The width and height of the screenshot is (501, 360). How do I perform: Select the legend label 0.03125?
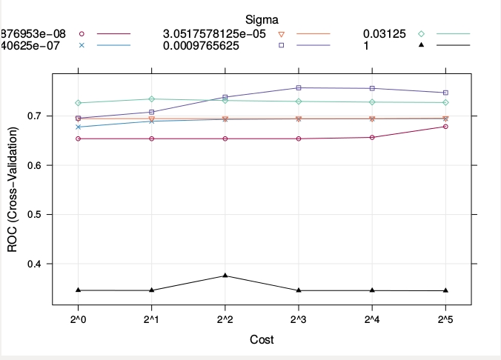[x=383, y=34]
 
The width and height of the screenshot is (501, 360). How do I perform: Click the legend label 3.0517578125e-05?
[x=213, y=34]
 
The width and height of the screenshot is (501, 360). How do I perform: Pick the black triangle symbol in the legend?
[x=421, y=46]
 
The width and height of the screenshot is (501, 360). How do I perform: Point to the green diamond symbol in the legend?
[x=421, y=34]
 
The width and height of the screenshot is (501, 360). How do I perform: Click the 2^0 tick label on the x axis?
[x=78, y=319]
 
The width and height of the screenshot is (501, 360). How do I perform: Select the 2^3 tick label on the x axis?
[x=298, y=319]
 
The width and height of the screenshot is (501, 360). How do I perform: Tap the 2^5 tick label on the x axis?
[x=445, y=319]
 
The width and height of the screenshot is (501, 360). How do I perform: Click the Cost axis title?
[x=261, y=340]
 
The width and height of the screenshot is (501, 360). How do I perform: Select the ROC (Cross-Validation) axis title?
[x=13, y=190]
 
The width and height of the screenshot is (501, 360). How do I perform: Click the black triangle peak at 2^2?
[x=225, y=276]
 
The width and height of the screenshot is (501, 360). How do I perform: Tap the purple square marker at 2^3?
[x=298, y=88]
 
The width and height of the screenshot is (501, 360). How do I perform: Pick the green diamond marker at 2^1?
[x=151, y=99]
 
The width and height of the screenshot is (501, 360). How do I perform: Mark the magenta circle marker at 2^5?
[x=445, y=127]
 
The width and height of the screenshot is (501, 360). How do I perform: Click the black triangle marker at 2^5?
[x=445, y=290]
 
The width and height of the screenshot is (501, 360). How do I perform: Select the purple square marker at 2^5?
[x=445, y=93]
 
